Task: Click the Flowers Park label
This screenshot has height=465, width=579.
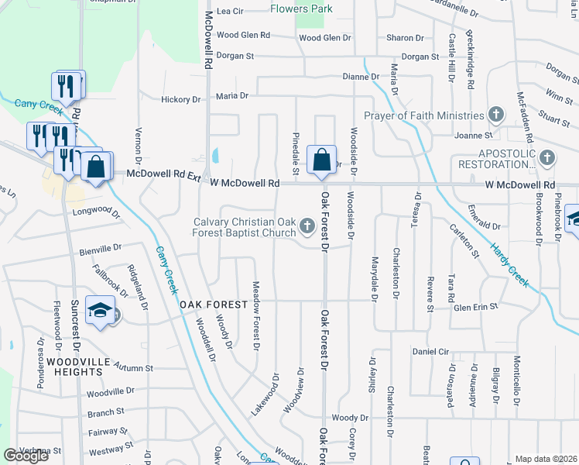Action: [x=302, y=9]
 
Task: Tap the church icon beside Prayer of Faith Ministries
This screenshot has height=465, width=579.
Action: [x=496, y=115]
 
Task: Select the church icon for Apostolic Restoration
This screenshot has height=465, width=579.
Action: [x=547, y=158]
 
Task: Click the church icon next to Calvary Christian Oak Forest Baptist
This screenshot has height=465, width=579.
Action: [x=307, y=227]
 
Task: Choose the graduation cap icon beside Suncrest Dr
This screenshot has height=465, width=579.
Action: [x=101, y=311]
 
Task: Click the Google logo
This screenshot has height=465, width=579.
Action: [x=26, y=455]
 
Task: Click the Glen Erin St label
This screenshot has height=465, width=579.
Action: [x=475, y=308]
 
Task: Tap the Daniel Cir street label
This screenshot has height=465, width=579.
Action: [x=431, y=351]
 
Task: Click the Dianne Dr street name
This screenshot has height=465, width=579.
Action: [x=361, y=77]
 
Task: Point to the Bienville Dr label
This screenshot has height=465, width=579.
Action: [x=100, y=250]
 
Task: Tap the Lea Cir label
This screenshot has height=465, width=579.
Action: [x=230, y=12]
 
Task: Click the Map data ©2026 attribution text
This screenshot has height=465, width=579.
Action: [x=546, y=459]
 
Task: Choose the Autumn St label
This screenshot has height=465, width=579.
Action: [x=133, y=367]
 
